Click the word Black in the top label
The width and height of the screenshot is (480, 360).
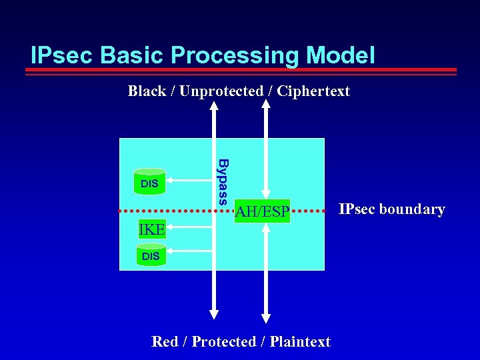pos(147,91)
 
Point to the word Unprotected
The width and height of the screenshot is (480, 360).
pos(221,91)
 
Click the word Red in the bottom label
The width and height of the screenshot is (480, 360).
pos(165,341)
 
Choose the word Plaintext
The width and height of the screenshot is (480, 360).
pos(300,341)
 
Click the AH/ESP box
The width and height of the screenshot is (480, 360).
pos(262,212)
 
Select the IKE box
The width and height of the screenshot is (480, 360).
pos(151,230)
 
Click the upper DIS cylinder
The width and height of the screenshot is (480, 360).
pos(150,181)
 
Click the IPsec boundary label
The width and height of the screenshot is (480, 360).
pos(391,209)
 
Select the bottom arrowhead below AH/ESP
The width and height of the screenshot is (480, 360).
pos(266,317)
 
